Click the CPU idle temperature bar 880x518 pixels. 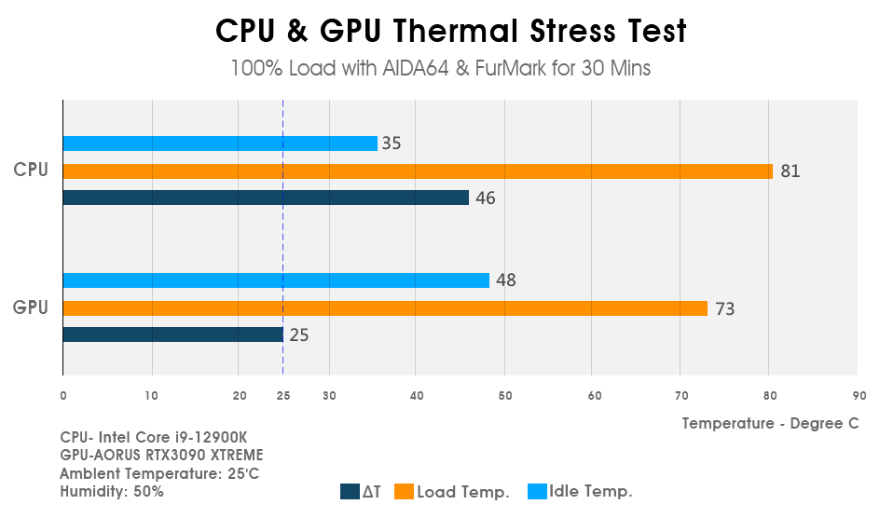(x=220, y=143)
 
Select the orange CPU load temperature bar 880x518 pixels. (x=418, y=171)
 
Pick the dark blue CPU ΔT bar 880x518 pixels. (x=266, y=198)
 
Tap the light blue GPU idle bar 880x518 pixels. (x=276, y=280)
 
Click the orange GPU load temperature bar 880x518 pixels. (x=385, y=308)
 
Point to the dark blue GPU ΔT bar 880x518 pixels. (x=172, y=334)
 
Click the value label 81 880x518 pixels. (x=791, y=171)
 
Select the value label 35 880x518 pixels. (x=392, y=143)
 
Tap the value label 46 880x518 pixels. (x=486, y=198)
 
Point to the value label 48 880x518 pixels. (x=506, y=280)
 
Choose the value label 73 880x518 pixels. (x=724, y=309)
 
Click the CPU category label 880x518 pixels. (x=30, y=170)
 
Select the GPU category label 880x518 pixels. (x=30, y=307)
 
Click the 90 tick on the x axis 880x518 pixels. (x=859, y=396)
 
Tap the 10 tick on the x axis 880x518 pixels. (x=152, y=396)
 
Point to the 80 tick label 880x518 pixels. (x=769, y=396)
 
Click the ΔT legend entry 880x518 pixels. (x=362, y=492)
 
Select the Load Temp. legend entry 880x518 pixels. (x=452, y=492)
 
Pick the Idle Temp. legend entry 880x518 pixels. (x=581, y=492)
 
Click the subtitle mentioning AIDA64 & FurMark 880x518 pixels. (x=440, y=69)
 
